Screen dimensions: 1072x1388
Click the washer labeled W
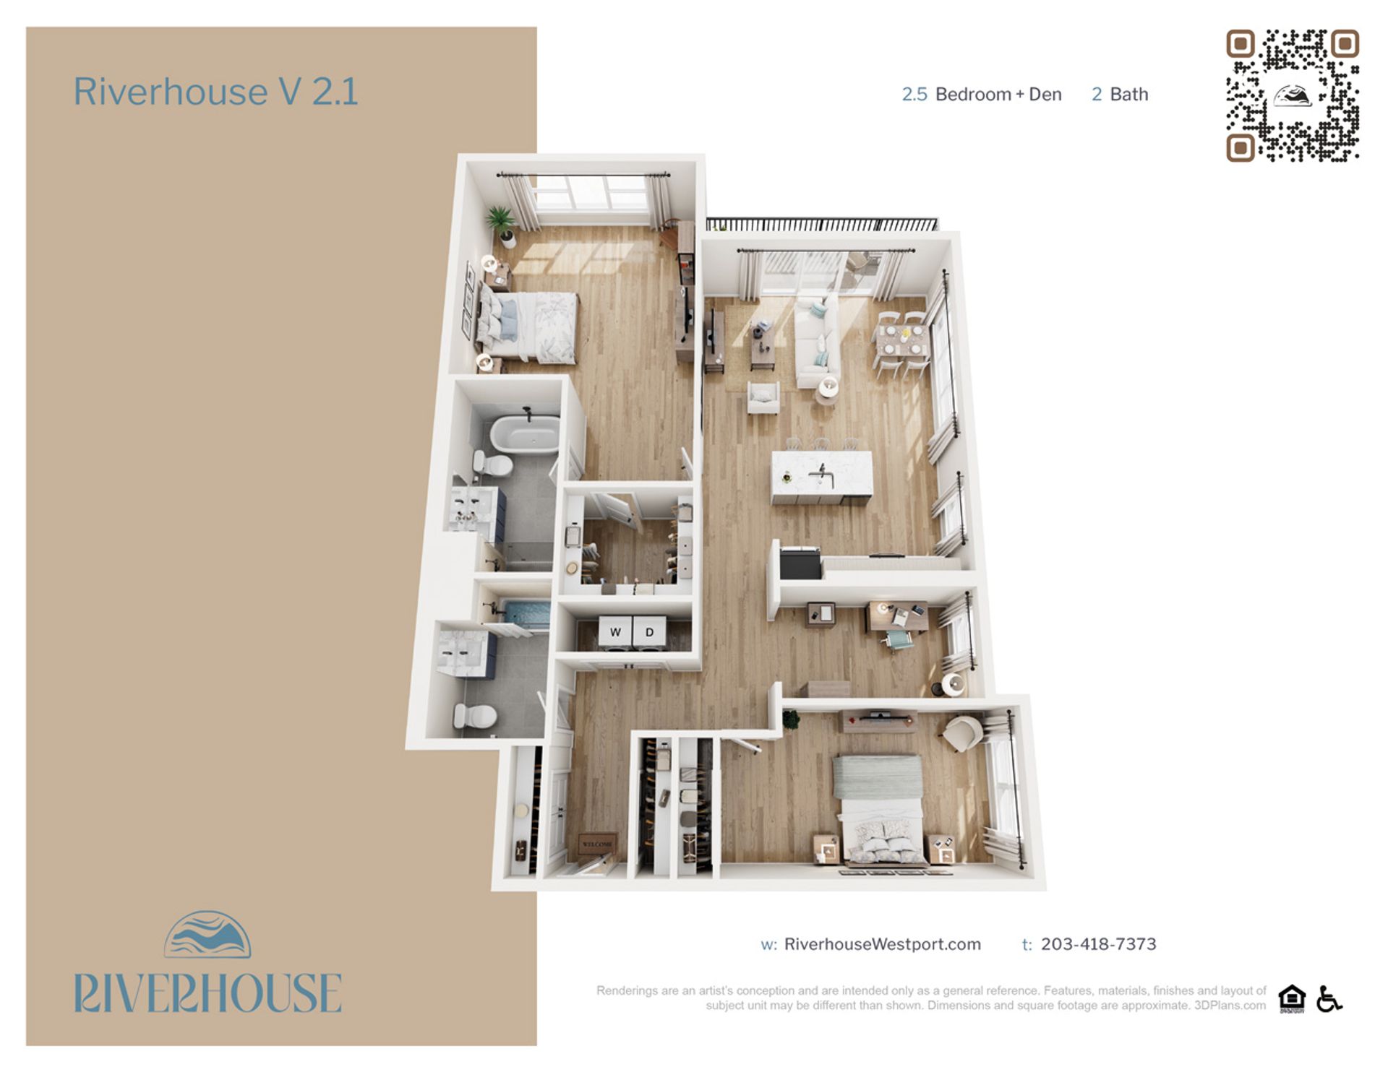615,632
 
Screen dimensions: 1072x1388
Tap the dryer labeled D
649,632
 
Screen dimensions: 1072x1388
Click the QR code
1292,95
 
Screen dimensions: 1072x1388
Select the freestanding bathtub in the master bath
525,433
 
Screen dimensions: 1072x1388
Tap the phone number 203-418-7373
1098,944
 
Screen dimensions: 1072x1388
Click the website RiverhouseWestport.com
882,944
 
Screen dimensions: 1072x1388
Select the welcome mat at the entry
597,843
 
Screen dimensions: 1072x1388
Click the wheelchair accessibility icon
1329,998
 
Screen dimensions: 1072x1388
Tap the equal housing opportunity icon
1291,998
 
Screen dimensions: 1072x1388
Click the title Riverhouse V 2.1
215,92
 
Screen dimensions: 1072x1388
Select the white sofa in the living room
817,341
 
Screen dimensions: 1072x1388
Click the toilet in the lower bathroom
475,716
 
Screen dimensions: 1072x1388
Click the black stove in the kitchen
800,562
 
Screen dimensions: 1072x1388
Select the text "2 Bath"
1119,95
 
